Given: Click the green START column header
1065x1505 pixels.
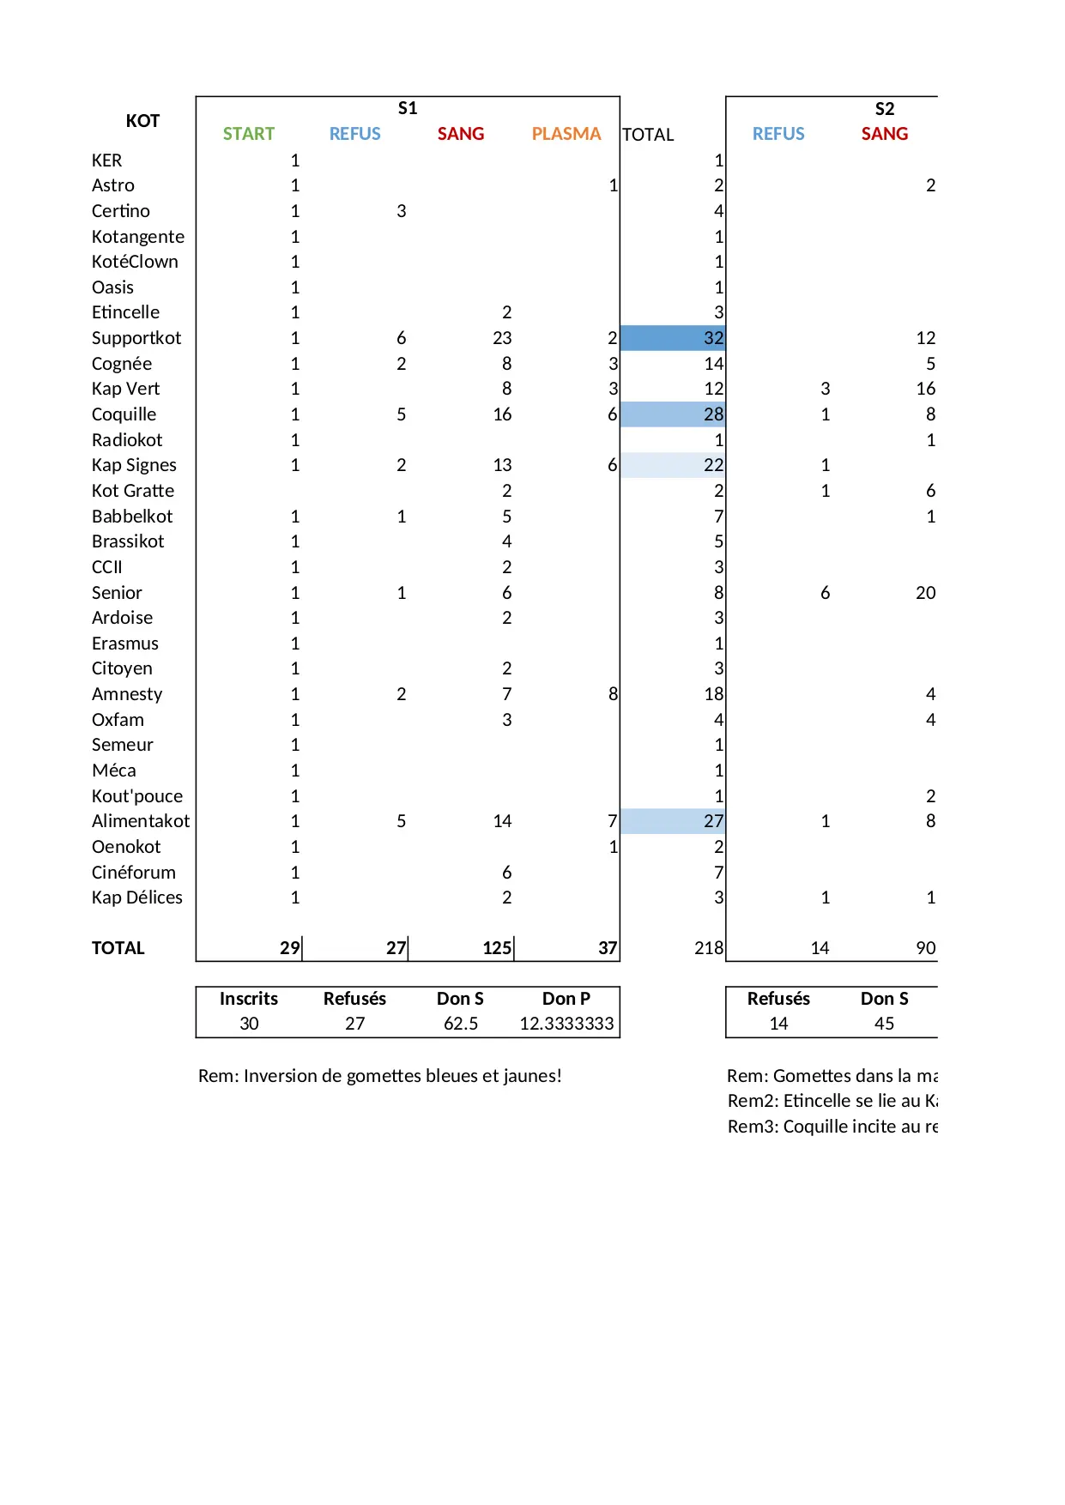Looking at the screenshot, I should [x=249, y=134].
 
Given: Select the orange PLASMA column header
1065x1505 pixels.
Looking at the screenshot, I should [x=566, y=134].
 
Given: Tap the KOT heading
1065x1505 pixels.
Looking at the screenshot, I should [x=142, y=121].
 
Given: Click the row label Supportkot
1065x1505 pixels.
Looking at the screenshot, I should [x=136, y=338].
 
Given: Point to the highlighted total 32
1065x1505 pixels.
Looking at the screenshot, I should [x=713, y=338].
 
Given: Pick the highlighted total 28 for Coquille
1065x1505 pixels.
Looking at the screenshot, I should [x=713, y=414].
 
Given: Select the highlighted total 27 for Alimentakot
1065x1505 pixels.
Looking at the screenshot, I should [x=713, y=821].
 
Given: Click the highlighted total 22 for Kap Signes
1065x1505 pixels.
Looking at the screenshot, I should [x=713, y=465].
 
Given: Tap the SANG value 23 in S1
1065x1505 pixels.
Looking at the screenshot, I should [x=502, y=338].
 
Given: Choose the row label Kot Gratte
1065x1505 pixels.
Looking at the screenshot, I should [x=133, y=491].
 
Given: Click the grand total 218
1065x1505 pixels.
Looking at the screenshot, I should [x=708, y=948].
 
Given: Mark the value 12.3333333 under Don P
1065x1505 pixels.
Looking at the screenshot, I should [x=566, y=1024].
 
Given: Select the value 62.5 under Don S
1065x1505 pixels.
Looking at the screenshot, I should [x=461, y=1024].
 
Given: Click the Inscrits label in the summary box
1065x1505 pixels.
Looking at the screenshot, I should [x=249, y=999].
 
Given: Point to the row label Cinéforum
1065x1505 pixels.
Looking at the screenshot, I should [x=134, y=873].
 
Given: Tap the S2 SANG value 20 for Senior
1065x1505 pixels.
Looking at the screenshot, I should [x=925, y=593].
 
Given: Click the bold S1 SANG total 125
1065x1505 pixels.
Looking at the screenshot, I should [x=497, y=948].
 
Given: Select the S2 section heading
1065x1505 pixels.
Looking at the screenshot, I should [x=885, y=109].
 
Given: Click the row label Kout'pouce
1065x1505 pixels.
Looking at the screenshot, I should [x=137, y=796].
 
